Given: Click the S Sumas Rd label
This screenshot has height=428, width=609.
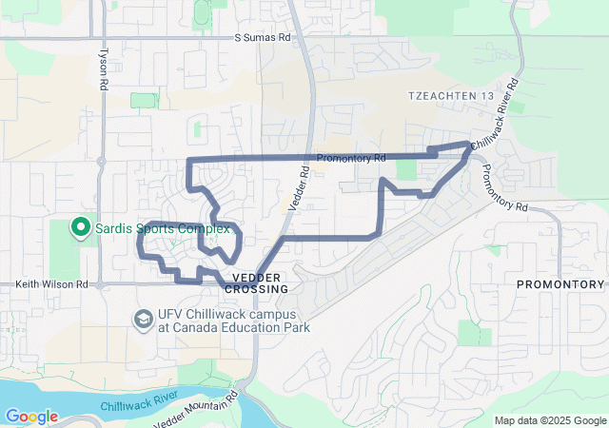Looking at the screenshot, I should pos(262,39).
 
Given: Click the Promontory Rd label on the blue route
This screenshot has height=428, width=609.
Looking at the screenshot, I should pos(350,158).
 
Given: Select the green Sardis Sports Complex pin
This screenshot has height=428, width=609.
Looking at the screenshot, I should pos(82,229).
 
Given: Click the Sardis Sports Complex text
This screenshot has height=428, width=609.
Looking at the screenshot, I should pos(162,229).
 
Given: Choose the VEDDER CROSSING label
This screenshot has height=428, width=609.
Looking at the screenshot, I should pos(257,282).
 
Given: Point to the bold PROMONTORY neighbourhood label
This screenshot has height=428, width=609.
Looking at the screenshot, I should pos(560,284).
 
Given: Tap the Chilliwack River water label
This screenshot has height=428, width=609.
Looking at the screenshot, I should pos(139,400).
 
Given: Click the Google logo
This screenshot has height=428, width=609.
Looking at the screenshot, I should pos(31,417).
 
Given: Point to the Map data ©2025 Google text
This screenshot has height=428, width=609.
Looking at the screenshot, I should pos(549,420).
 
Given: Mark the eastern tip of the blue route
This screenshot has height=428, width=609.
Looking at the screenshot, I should pos(470,145).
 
